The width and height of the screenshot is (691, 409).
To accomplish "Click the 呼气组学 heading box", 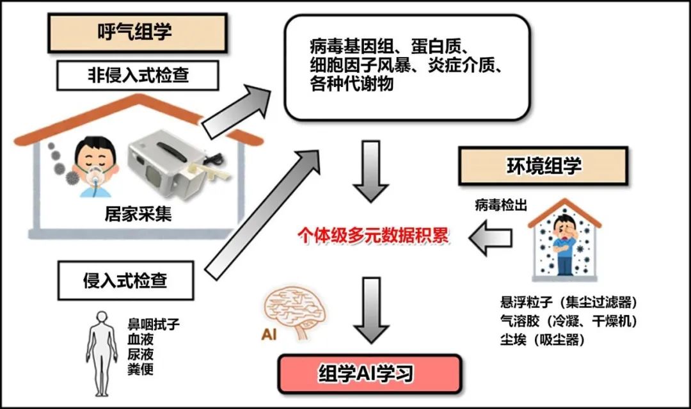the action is pyautogui.click(x=138, y=33).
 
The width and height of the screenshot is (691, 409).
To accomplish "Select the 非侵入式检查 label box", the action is pyautogui.click(x=138, y=76).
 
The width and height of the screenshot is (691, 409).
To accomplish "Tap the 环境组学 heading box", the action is pyautogui.click(x=543, y=166).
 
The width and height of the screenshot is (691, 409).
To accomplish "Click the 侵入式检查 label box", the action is pyautogui.click(x=125, y=280).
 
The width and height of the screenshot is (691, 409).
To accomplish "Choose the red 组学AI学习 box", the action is pyautogui.click(x=370, y=374).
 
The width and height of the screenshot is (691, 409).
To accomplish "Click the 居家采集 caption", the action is pyautogui.click(x=138, y=214).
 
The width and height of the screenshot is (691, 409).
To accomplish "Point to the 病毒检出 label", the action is pyautogui.click(x=500, y=205).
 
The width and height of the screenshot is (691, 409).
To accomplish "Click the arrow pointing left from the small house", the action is pyautogui.click(x=491, y=238).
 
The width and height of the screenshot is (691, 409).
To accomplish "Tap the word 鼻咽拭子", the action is pyautogui.click(x=154, y=325).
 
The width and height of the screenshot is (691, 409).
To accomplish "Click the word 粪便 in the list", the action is pyautogui.click(x=141, y=369).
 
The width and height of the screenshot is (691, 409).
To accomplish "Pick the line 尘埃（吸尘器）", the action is pyautogui.click(x=543, y=340).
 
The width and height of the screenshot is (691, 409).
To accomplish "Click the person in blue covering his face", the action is pyautogui.click(x=564, y=245).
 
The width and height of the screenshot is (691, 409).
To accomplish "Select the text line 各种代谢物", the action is pyautogui.click(x=352, y=83).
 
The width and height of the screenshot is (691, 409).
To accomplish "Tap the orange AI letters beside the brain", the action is pyautogui.click(x=269, y=335).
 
